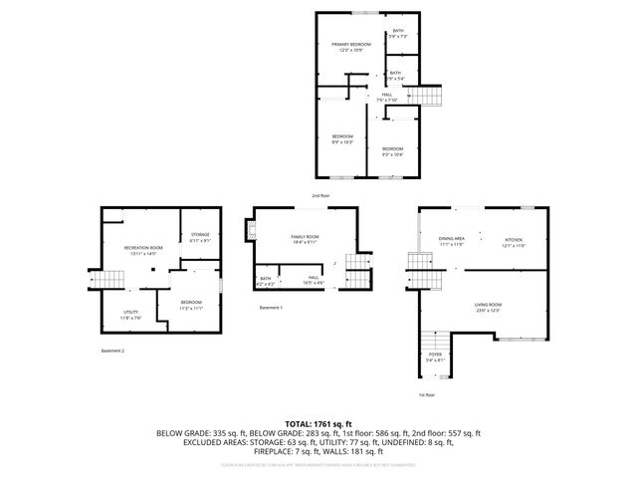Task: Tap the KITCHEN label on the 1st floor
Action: pyautogui.click(x=514, y=240)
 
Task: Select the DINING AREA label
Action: pyautogui.click(x=452, y=240)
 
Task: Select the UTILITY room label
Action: pyautogui.click(x=130, y=313)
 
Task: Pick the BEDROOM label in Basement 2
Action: pyautogui.click(x=191, y=303)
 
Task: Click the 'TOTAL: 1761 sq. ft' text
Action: pyautogui.click(x=318, y=423)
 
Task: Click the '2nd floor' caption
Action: pyautogui.click(x=320, y=195)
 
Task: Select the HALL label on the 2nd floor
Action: pyautogui.click(x=386, y=95)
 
